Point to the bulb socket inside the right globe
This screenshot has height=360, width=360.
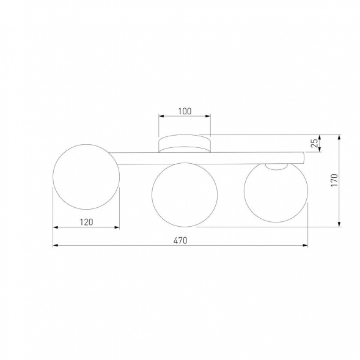(276, 166)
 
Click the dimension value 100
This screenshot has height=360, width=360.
(185, 111)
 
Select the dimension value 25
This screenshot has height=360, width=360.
(314, 144)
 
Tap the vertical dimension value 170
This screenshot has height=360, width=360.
(334, 180)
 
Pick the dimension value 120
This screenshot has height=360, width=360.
(86, 222)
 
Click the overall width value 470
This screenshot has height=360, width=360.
(180, 240)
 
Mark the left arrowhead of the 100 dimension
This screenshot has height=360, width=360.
(161, 116)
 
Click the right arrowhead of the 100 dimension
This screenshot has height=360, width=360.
(208, 116)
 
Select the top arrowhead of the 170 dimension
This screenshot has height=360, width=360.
(339, 138)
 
